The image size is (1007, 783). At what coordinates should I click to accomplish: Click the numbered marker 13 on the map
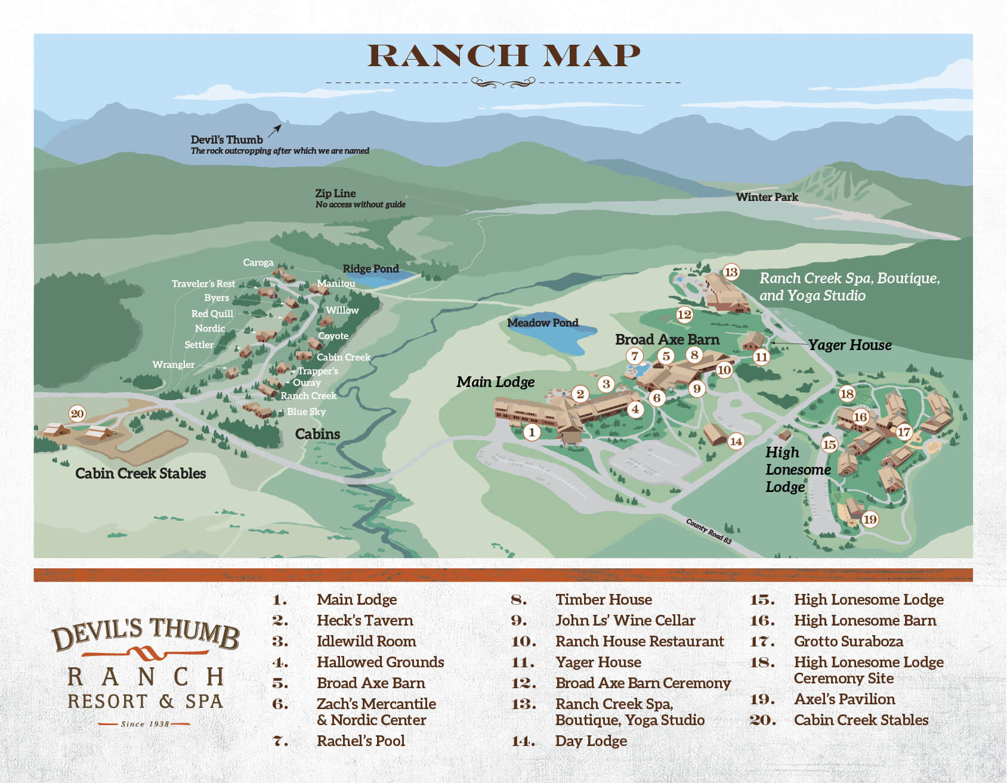coord(731,273)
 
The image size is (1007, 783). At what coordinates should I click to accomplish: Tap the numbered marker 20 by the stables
coord(78,414)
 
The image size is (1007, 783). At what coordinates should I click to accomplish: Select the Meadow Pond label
coord(542,323)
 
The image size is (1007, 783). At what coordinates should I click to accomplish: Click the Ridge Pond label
coord(370,269)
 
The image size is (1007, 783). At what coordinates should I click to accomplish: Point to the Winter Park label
coord(767,197)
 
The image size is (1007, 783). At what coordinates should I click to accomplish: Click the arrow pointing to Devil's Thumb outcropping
coord(274,131)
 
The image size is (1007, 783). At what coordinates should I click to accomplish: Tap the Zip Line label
coord(335,193)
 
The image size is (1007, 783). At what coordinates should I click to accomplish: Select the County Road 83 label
coord(708,531)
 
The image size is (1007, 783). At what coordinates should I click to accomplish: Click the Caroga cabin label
coord(258,262)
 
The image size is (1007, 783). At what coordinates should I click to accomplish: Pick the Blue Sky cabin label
coord(306,411)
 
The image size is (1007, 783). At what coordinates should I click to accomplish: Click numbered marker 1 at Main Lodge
coord(532,432)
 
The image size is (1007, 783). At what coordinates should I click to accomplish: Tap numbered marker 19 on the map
coord(870,519)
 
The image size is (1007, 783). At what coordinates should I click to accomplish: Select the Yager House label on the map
coord(850,345)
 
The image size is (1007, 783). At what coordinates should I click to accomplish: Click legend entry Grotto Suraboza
coord(848,642)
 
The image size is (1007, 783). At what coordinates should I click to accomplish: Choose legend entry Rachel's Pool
coord(360,741)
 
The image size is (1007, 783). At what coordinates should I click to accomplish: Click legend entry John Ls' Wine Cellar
coord(625,621)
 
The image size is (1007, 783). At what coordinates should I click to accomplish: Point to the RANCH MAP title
coord(504,56)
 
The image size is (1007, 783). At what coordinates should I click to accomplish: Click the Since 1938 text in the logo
coord(145,724)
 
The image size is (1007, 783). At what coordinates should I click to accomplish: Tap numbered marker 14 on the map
coord(736,441)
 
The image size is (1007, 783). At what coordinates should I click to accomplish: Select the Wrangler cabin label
coord(173,364)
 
